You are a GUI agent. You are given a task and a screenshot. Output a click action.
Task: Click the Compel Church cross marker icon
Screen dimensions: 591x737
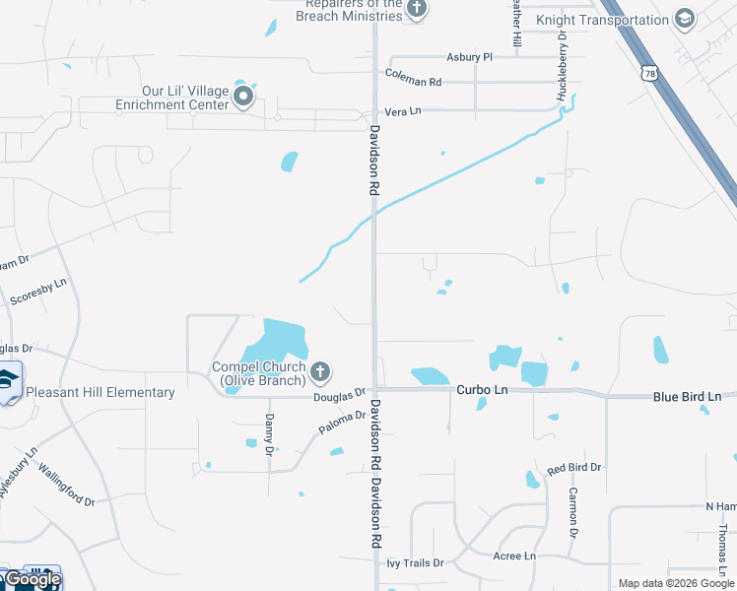pyautogui.click(x=319, y=372)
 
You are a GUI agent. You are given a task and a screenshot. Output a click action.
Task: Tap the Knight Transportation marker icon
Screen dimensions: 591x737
pyautogui.click(x=684, y=19)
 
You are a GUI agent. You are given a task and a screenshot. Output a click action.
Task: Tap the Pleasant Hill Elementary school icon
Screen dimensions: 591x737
pyautogui.click(x=9, y=383)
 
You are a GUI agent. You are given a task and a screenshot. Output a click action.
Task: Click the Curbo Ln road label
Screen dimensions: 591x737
pyautogui.click(x=482, y=390)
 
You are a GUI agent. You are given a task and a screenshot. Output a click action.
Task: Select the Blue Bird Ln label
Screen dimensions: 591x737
pyautogui.click(x=687, y=396)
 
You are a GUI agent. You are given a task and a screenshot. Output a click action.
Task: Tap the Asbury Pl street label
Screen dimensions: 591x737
pyautogui.click(x=469, y=57)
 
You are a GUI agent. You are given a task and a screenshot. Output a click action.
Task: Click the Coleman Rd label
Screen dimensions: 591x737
pyautogui.click(x=414, y=81)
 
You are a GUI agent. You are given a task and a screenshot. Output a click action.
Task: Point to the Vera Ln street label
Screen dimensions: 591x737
pyautogui.click(x=403, y=111)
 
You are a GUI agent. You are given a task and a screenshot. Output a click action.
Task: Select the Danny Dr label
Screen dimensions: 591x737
pyautogui.click(x=269, y=433)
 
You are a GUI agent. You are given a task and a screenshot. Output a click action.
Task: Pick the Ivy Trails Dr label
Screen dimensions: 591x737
pyautogui.click(x=415, y=563)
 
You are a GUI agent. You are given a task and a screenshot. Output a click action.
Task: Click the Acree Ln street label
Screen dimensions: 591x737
pyautogui.click(x=513, y=557)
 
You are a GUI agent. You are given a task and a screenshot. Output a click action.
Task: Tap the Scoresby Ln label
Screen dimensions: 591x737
pyautogui.click(x=37, y=291)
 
